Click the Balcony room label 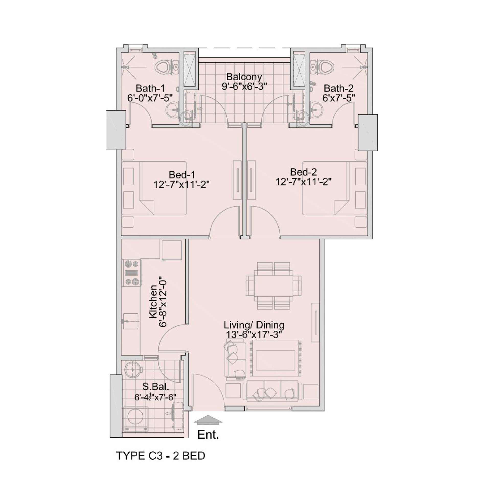click(x=244, y=77)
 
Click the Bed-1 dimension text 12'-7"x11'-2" click(x=181, y=185)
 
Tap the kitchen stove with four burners click(x=132, y=273)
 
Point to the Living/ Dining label click(x=254, y=325)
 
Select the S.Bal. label click(x=156, y=387)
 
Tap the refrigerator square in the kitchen click(x=172, y=250)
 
